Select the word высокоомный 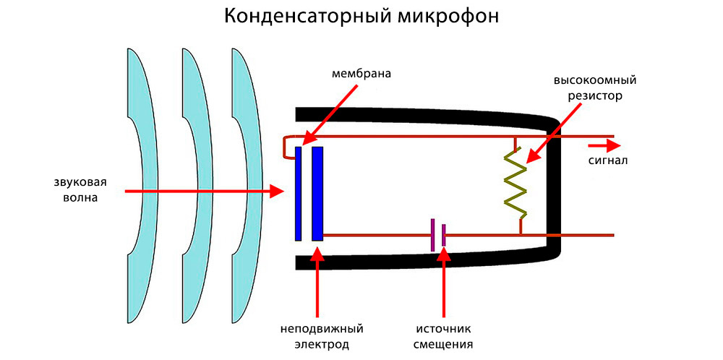pos(594,80)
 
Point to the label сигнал pos(607,160)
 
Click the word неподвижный pos(322,329)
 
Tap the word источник pos(443,329)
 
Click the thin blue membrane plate pos(298,193)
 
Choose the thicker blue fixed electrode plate pos(317,193)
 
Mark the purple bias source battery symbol pos(437,236)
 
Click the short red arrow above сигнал pos(607,143)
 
